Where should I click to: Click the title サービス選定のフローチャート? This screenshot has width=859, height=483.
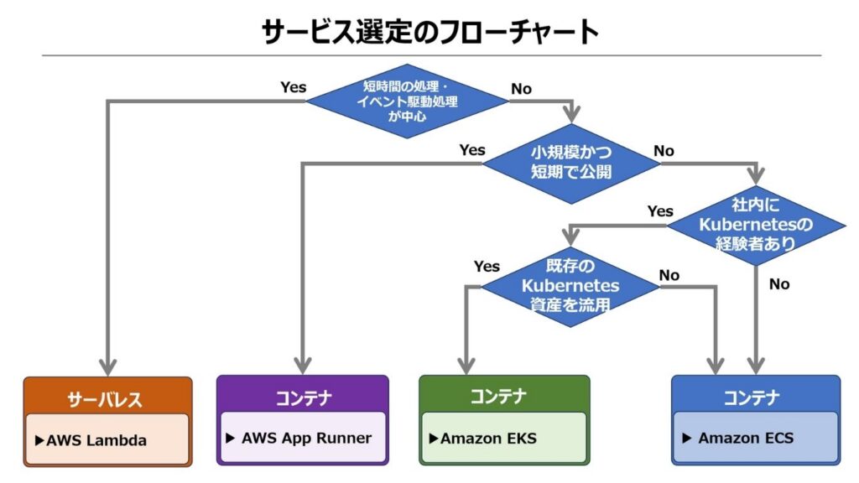coord(429,31)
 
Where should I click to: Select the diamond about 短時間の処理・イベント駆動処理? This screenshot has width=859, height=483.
coord(407,101)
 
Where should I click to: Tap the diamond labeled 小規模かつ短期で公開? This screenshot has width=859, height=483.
coord(570,164)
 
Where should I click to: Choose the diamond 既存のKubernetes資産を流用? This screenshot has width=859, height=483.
coord(570,286)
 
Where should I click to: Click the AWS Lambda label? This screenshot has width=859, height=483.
coord(96,439)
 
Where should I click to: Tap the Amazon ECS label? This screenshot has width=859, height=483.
coord(745,438)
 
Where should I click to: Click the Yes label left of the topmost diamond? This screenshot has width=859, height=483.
coord(293,87)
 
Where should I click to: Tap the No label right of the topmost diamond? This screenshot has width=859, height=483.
coord(521,88)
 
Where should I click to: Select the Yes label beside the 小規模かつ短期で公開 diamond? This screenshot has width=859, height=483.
coord(471,150)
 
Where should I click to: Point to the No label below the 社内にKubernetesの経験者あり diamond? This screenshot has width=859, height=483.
coord(779,284)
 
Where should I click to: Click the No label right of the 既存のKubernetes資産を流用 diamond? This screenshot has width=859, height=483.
coord(669,275)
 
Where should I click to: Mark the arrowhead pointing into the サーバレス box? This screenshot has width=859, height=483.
coord(107,367)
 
